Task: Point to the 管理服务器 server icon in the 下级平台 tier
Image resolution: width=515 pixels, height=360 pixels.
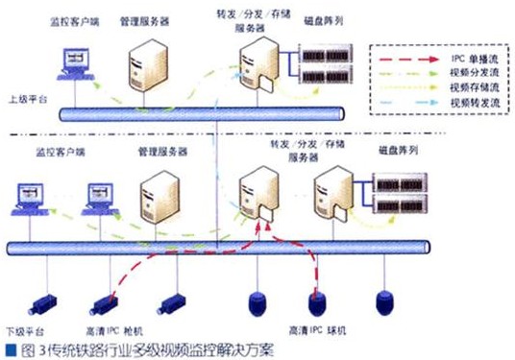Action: (x=159, y=197)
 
